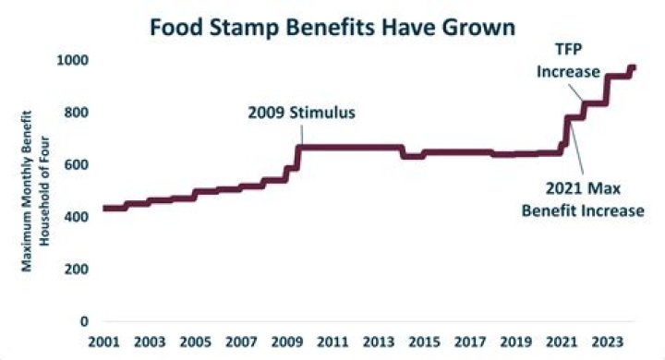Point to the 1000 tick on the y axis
tap(74, 60)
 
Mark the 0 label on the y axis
tap(85, 321)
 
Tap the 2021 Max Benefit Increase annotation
tap(591, 200)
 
